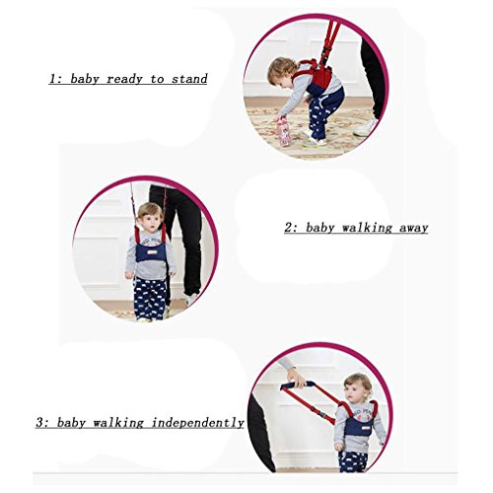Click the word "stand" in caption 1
tap(189, 79)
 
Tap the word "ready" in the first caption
tap(124, 80)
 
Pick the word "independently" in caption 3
tap(197, 422)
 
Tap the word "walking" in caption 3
tap(118, 423)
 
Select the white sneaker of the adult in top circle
tap(366, 127)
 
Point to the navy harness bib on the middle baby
tap(151, 252)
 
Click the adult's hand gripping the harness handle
tap(296, 377)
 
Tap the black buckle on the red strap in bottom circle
tap(322, 413)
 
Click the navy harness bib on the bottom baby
tap(359, 427)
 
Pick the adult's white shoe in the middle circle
tap(191, 300)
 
